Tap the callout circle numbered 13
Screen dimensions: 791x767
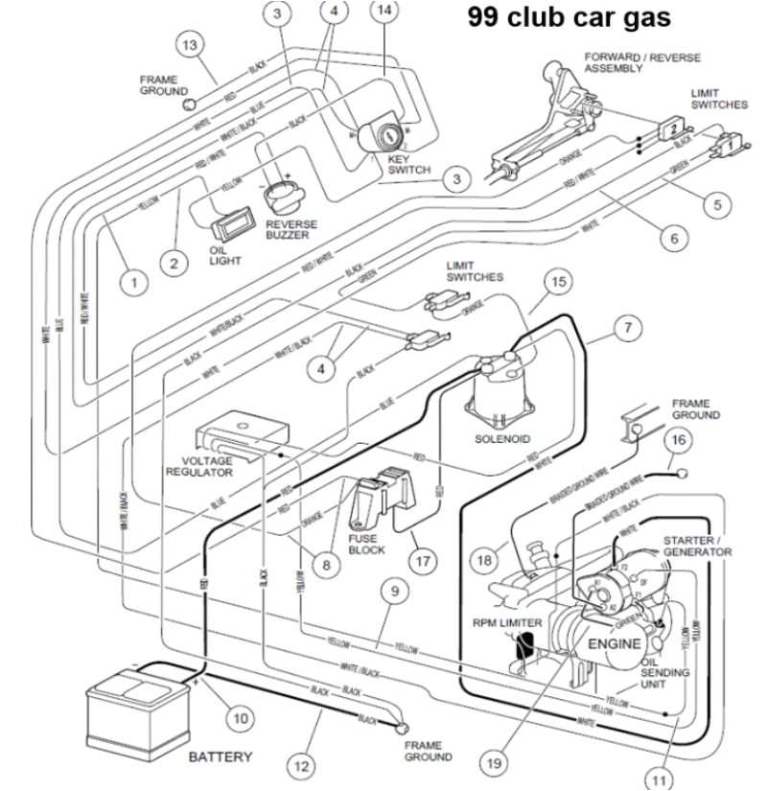[191, 46]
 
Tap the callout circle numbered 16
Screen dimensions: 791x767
[678, 440]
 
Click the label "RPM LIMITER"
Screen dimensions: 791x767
[507, 622]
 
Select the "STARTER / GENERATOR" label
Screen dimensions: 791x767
[697, 547]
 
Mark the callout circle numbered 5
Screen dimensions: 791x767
[714, 204]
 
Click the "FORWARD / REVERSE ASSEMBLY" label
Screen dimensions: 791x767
[629, 64]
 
